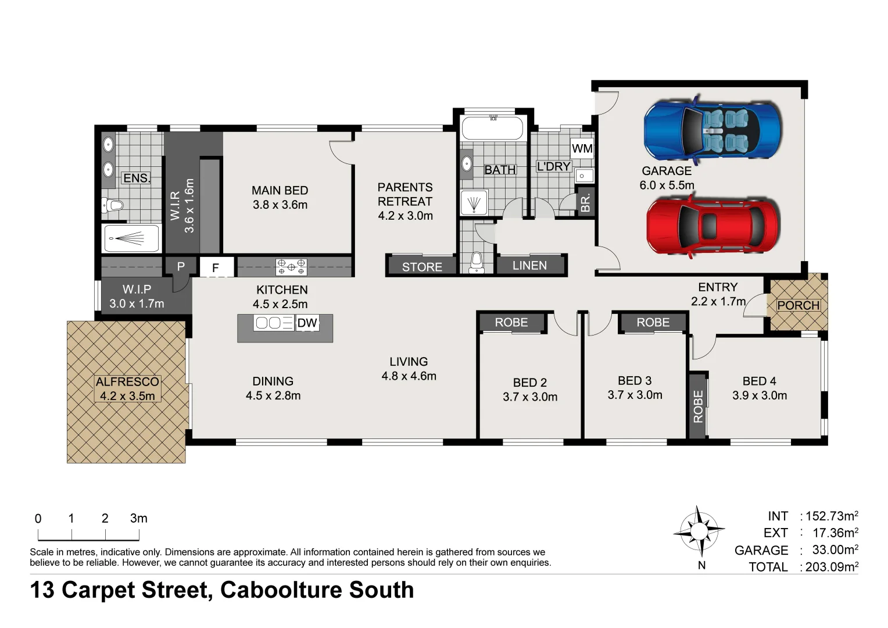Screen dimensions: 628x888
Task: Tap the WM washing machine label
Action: click(582, 148)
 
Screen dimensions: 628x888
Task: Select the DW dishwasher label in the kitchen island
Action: click(307, 323)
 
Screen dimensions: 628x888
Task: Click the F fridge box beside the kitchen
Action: click(216, 267)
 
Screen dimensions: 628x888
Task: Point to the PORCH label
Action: click(798, 305)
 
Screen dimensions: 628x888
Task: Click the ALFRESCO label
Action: click(127, 382)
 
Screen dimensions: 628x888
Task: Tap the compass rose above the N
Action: click(699, 530)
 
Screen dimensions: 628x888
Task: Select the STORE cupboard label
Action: click(422, 267)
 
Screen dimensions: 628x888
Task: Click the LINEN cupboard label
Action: click(529, 266)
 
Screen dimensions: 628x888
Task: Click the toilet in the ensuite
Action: click(113, 205)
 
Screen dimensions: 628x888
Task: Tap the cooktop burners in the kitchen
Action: click(291, 267)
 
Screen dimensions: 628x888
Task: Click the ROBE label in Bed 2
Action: click(511, 322)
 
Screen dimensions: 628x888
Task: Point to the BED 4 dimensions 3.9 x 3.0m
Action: click(759, 395)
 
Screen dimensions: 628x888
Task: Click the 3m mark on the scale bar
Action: click(138, 519)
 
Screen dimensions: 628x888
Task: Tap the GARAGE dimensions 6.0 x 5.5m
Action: click(667, 185)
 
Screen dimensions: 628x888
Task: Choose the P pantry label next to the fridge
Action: click(181, 266)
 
